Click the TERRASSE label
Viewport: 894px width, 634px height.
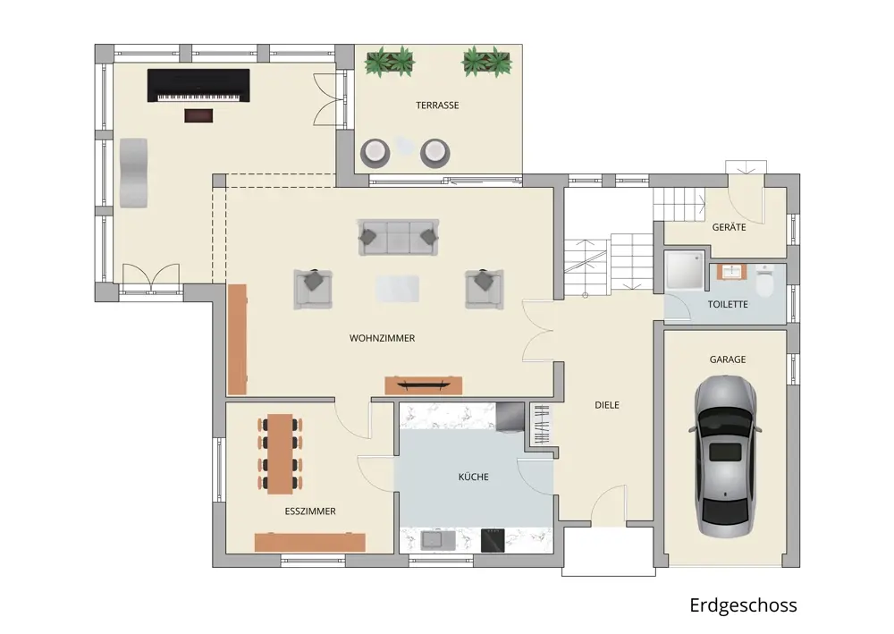pos(437,106)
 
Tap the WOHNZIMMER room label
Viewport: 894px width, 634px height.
pos(382,338)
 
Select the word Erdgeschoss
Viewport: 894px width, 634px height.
pos(743,604)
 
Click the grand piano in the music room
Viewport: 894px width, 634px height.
pos(198,86)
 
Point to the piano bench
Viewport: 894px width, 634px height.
pos(198,115)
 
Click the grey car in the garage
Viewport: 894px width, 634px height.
pos(725,456)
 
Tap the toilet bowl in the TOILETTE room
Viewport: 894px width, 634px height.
pos(764,282)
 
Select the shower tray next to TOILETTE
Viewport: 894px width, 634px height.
pos(685,271)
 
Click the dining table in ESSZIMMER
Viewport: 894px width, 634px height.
pos(280,454)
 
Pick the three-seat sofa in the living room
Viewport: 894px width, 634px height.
pos(399,237)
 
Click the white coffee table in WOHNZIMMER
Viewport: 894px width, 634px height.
pos(398,289)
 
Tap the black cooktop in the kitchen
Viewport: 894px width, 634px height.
pos(493,540)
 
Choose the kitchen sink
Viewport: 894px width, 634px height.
pos(438,540)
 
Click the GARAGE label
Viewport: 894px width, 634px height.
pos(728,359)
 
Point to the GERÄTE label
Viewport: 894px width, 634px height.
pos(729,227)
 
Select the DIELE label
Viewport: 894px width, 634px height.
pos(607,405)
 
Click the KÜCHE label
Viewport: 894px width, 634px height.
pos(473,477)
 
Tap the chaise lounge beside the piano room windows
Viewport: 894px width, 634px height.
pos(133,173)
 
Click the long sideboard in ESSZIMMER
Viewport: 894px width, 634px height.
pos(309,542)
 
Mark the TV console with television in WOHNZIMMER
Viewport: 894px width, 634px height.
pos(423,385)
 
